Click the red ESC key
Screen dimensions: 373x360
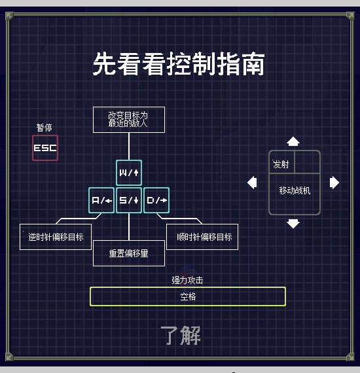pyautogui.click(x=45, y=147)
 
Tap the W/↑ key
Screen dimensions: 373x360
pyautogui.click(x=129, y=173)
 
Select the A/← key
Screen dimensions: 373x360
pyautogui.click(x=101, y=200)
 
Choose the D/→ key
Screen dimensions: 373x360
pyautogui.click(x=156, y=200)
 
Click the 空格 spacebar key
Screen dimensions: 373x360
pyautogui.click(x=188, y=296)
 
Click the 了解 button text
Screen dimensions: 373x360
pyautogui.click(x=181, y=335)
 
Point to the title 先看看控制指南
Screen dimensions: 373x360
pyautogui.click(x=179, y=65)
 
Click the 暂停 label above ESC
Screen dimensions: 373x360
pyautogui.click(x=44, y=128)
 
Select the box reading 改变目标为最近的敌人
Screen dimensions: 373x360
pyautogui.click(x=128, y=119)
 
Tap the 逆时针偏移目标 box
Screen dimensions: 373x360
pyautogui.click(x=56, y=237)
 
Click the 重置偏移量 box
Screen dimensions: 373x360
pyautogui.click(x=128, y=253)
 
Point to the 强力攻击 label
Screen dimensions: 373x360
pyautogui.click(x=187, y=280)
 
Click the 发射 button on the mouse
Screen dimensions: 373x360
pyautogui.click(x=281, y=164)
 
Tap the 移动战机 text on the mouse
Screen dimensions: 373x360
pyautogui.click(x=295, y=191)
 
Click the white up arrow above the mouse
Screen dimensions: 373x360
pyautogui.click(x=293, y=141)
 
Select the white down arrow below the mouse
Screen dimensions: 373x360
pyautogui.click(x=293, y=224)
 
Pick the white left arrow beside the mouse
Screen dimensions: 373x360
pyautogui.click(x=252, y=183)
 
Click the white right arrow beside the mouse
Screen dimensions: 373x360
pyautogui.click(x=334, y=183)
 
